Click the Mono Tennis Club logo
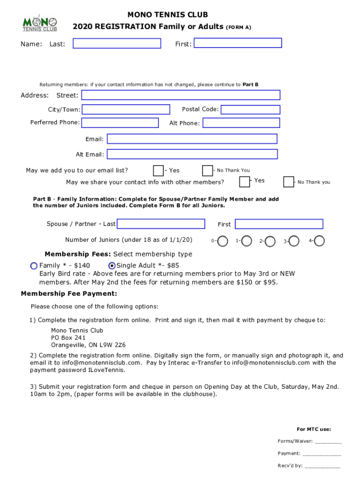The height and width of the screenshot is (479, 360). tap(40, 23)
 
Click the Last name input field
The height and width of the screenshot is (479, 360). tap(117, 44)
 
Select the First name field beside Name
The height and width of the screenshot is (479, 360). tap(238, 43)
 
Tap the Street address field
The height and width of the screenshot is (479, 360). tap(180, 95)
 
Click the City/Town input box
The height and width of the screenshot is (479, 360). tap(126, 109)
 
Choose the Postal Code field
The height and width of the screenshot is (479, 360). tap(250, 109)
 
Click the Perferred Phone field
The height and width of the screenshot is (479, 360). tap(120, 123)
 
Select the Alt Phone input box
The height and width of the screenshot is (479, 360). tap(241, 123)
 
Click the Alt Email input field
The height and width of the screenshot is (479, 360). tap(192, 154)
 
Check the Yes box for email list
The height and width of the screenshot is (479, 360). tap(158, 170)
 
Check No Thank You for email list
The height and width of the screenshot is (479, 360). tap(207, 170)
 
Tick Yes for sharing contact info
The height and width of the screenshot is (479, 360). tap(245, 181)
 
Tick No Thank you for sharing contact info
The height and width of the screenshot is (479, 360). tap(289, 181)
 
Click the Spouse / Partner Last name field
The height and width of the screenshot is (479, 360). tap(160, 224)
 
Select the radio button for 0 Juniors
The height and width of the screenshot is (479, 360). tap(223, 241)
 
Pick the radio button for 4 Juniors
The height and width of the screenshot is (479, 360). tap(320, 241)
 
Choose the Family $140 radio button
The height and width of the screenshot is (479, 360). tap(34, 266)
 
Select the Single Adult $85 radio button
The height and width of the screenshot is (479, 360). tap(112, 266)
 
